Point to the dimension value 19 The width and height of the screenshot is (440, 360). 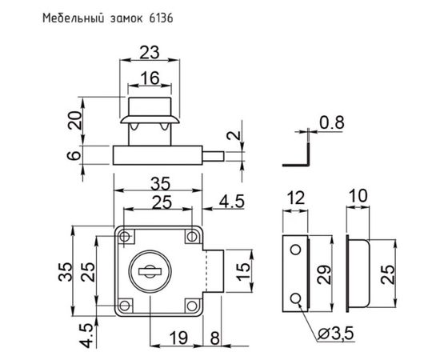click(x=179, y=338)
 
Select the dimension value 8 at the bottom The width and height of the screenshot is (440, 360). click(x=215, y=338)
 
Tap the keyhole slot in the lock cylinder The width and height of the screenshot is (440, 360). click(x=150, y=273)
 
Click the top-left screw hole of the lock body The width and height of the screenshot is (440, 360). click(x=126, y=237)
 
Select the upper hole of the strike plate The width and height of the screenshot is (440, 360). click(x=295, y=250)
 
